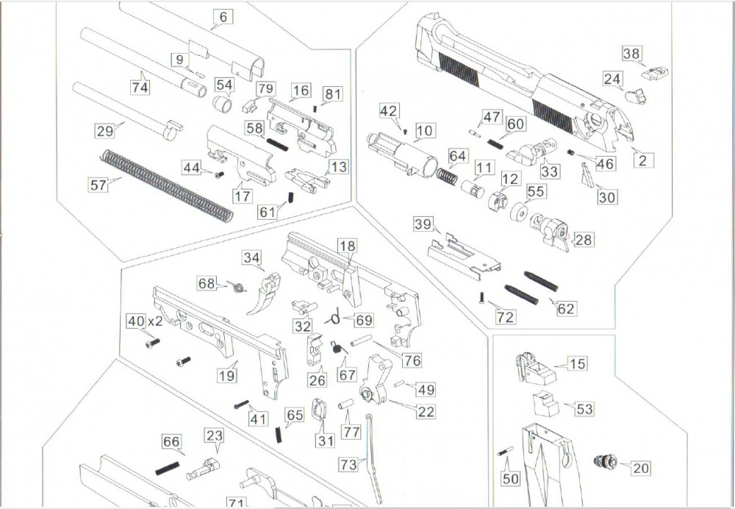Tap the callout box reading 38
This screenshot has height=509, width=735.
(631, 54)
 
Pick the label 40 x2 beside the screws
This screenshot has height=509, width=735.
(144, 321)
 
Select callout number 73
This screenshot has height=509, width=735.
(349, 464)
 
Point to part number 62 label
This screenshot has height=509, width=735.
(565, 309)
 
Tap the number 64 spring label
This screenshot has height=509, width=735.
(457, 157)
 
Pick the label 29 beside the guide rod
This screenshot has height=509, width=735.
(105, 131)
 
